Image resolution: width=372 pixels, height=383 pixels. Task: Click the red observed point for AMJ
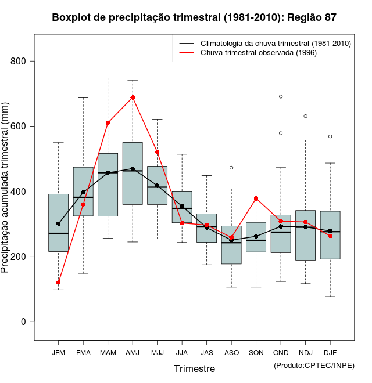(133, 97)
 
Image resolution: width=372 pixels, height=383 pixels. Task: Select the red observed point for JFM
(58, 283)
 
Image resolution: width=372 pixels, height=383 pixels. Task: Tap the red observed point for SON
(256, 198)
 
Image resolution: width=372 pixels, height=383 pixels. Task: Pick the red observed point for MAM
(108, 123)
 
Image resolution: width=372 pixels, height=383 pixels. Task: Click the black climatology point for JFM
(58, 223)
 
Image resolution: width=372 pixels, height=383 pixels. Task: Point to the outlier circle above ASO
(231, 168)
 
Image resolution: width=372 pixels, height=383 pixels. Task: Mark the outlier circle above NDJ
(305, 116)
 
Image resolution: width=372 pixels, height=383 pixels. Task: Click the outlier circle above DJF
(330, 136)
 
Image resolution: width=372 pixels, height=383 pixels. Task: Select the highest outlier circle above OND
(281, 96)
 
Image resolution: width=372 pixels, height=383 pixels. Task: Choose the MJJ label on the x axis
(157, 353)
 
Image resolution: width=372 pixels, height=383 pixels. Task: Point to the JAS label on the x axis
(206, 353)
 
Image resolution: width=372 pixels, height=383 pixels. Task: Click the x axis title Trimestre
(194, 368)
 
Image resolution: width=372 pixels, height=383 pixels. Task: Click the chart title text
(194, 17)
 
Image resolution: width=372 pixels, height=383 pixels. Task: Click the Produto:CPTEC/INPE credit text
(314, 365)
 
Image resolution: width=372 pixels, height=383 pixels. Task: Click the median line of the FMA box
(83, 198)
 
